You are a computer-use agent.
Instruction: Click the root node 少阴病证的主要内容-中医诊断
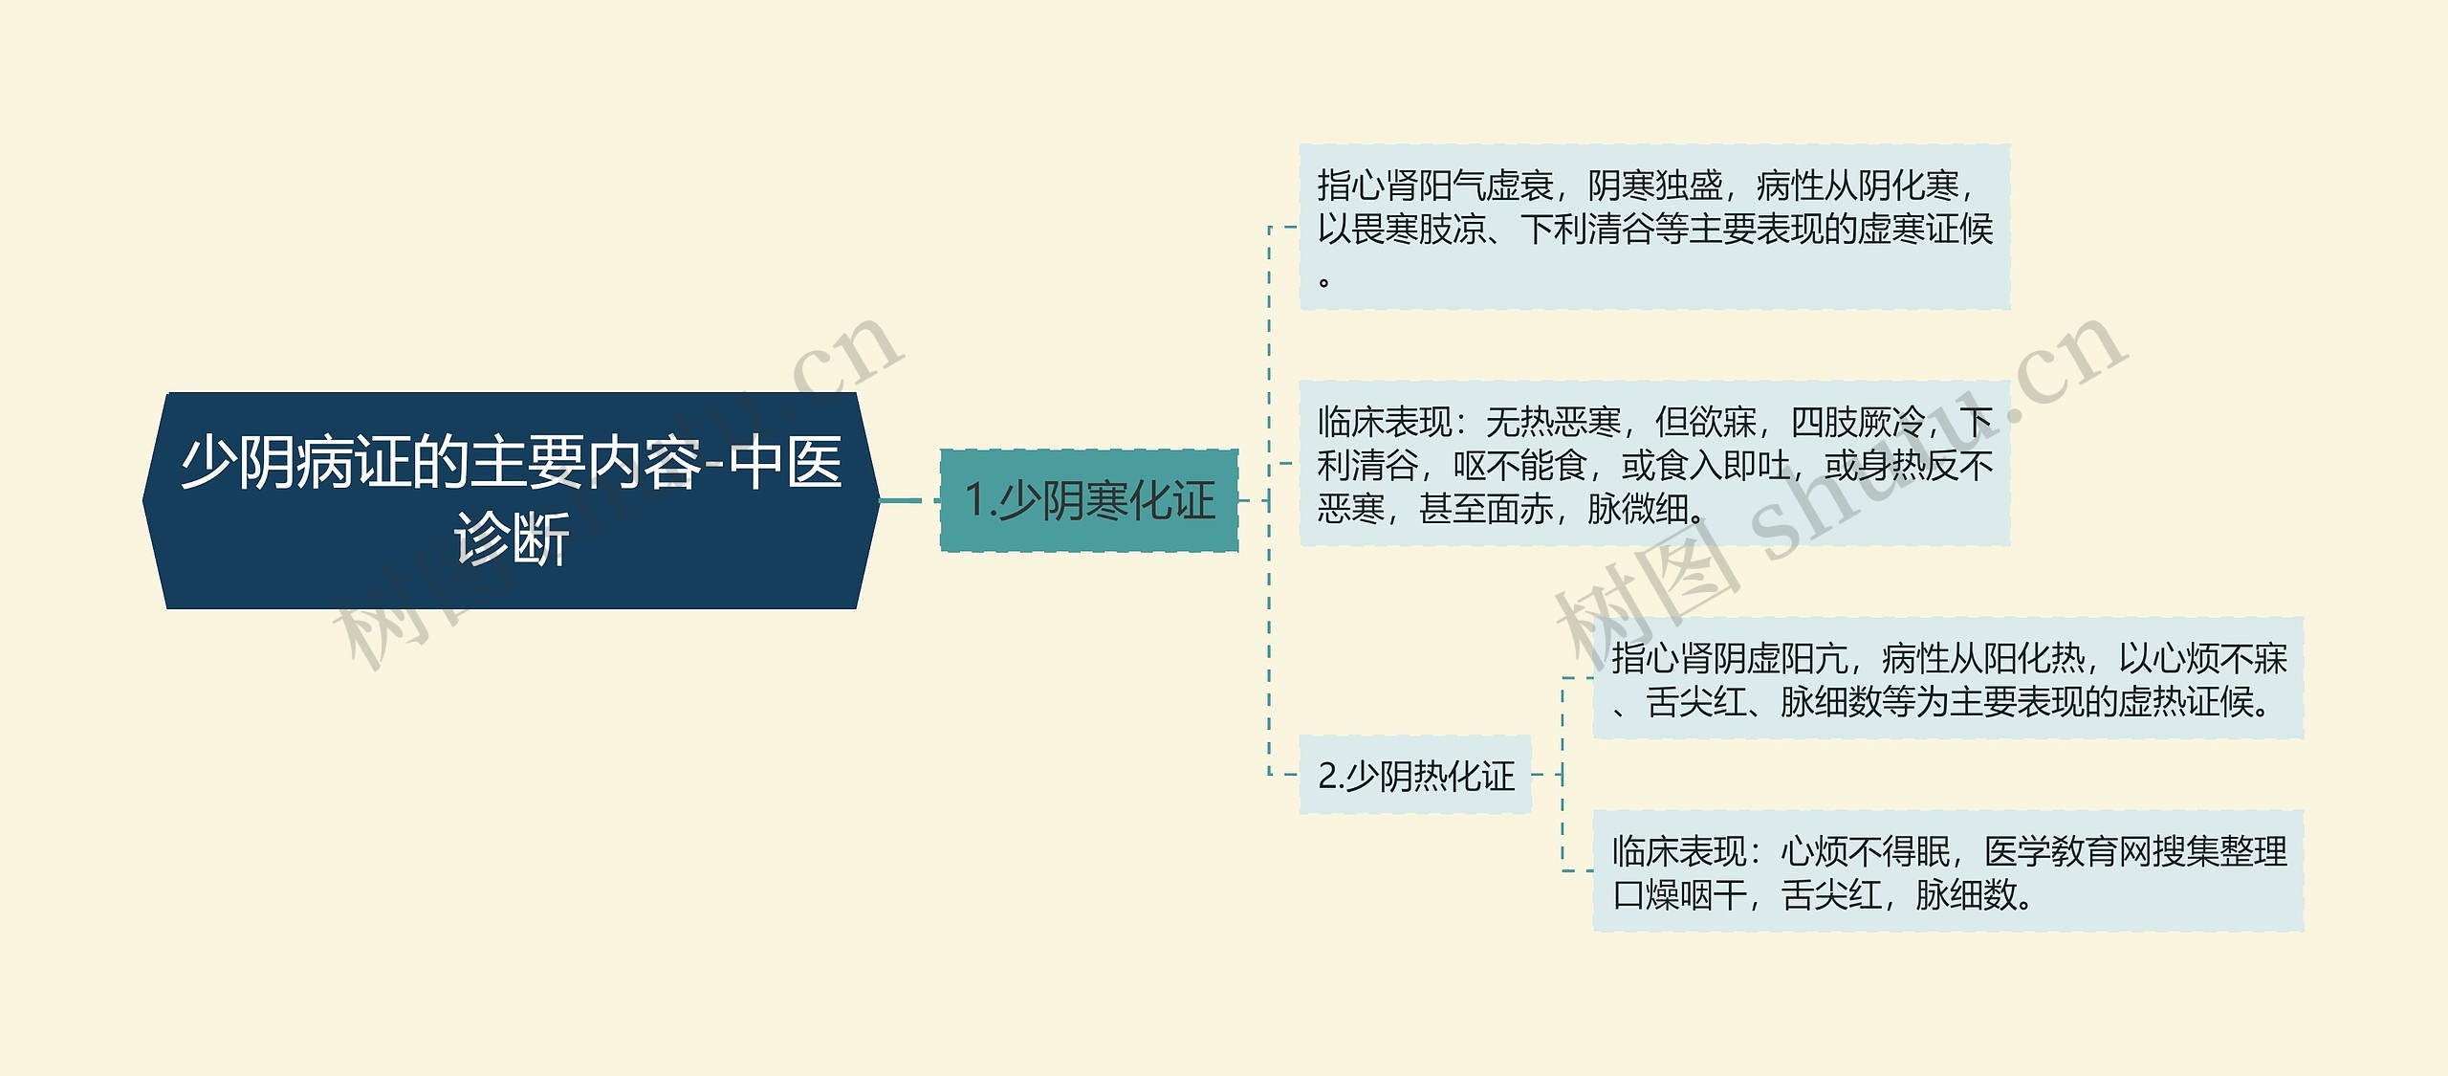(511, 500)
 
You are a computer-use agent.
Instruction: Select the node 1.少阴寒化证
(1089, 500)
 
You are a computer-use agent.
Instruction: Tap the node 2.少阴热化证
(1415, 776)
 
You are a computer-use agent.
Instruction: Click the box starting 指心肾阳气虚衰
(1654, 227)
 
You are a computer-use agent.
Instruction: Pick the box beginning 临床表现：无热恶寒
(1654, 464)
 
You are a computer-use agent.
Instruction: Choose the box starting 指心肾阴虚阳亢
(1948, 678)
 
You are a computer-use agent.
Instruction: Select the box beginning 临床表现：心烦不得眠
(1948, 871)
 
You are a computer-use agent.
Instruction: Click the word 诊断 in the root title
(512, 538)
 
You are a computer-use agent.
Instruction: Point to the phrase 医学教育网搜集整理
(2135, 850)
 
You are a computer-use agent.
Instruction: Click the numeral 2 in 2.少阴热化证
(1327, 776)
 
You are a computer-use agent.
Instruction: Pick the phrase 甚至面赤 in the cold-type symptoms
(1486, 509)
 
